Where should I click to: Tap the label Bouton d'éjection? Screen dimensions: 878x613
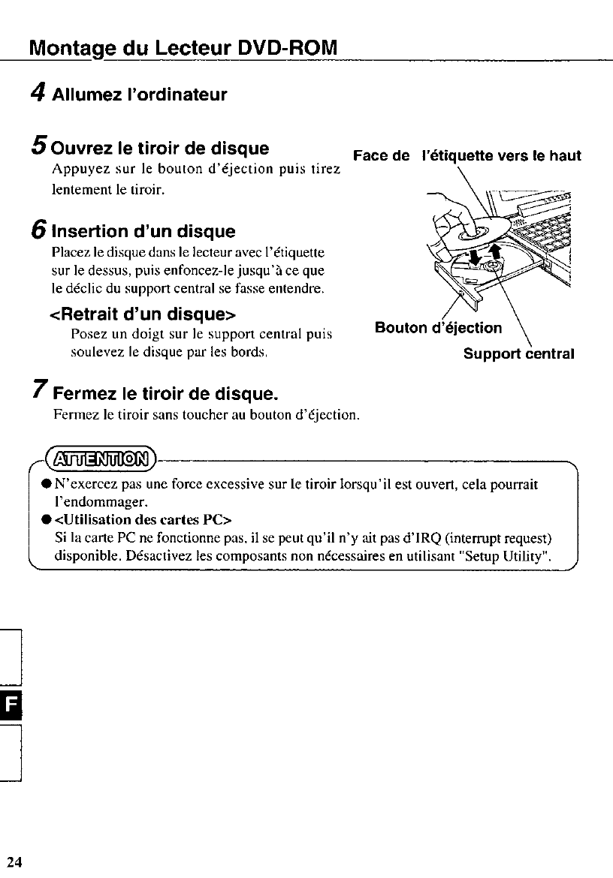pyautogui.click(x=438, y=328)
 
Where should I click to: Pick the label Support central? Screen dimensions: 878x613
pyautogui.click(x=518, y=353)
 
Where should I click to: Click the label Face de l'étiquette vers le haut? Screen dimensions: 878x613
pyautogui.click(x=467, y=156)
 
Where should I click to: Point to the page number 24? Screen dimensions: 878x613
pyautogui.click(x=15, y=861)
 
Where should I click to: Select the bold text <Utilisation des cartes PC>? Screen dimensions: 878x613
pyautogui.click(x=143, y=519)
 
